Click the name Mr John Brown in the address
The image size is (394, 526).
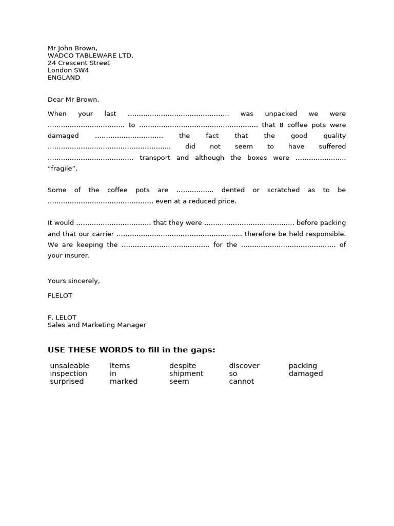[x=72, y=48]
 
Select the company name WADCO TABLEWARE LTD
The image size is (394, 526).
[x=90, y=55]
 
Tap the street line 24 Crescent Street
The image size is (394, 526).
[x=78, y=63]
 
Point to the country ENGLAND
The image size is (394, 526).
[x=64, y=78]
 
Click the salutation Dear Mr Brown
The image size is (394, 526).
[x=73, y=99]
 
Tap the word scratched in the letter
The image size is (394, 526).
[x=283, y=190]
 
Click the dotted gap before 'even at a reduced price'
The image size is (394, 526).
[x=100, y=201]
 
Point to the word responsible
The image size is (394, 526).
[x=326, y=234]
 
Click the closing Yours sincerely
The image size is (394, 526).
[x=73, y=281]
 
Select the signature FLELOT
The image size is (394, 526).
[x=60, y=295]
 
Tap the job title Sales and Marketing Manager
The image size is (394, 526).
[x=96, y=325]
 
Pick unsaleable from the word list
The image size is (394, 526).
[x=70, y=366]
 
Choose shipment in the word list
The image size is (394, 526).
[x=186, y=373]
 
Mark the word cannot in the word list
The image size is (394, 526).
[x=241, y=381]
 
